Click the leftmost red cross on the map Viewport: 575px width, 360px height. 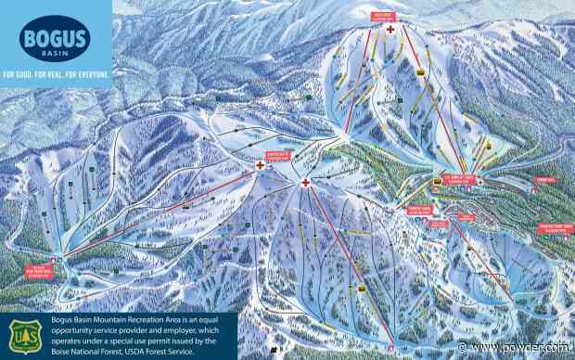coord(261,165)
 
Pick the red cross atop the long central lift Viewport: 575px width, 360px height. coord(306,183)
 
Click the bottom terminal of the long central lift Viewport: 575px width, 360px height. coord(390,347)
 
